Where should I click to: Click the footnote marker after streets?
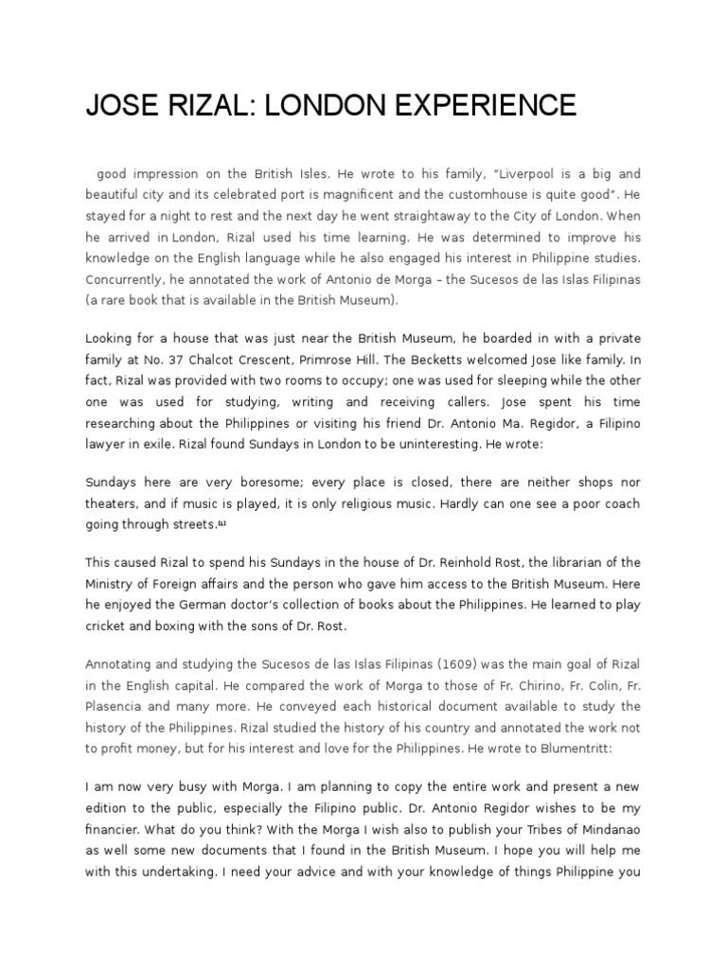pos(222,523)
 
